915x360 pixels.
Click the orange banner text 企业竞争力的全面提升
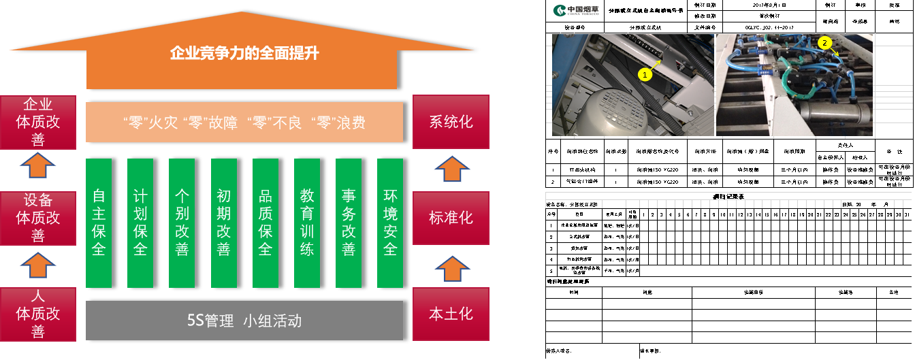(x=244, y=53)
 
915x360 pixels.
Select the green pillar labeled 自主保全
(x=99, y=223)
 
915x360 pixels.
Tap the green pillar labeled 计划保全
(x=140, y=223)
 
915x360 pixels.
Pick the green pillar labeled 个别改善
(x=182, y=223)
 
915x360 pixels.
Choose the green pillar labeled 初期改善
(x=223, y=223)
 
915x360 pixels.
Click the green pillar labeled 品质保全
(x=266, y=223)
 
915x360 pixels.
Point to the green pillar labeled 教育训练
(x=307, y=223)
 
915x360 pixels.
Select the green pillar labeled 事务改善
(x=349, y=223)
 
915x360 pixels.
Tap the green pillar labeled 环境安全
(x=390, y=223)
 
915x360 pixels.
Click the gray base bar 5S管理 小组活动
(x=244, y=321)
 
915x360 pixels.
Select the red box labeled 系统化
(x=451, y=122)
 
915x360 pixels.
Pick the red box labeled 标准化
(x=451, y=218)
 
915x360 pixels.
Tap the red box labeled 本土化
(x=451, y=314)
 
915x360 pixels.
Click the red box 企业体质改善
(x=38, y=122)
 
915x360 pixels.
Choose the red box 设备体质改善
(x=38, y=218)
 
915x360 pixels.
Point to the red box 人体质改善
(x=38, y=314)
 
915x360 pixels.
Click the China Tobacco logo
(x=576, y=10)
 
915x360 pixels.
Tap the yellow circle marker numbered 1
(x=645, y=75)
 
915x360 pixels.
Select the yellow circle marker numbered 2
(x=824, y=42)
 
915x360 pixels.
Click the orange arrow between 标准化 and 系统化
(x=451, y=169)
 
